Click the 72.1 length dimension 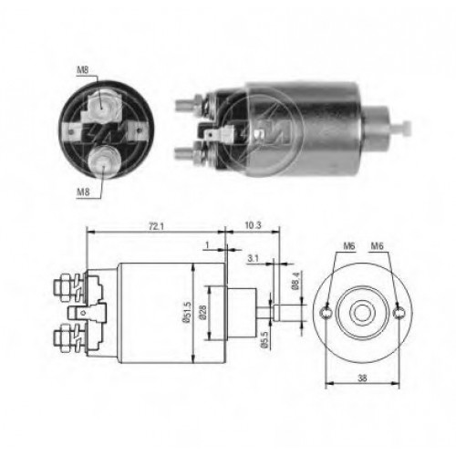[x=156, y=226]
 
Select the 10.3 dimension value [x=253, y=225]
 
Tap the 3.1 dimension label [x=253, y=258]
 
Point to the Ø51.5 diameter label [x=186, y=312]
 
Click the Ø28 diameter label [x=202, y=312]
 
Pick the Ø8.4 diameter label [x=295, y=283]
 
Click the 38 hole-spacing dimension [x=362, y=378]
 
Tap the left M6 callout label [x=349, y=246]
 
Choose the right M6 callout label [x=377, y=246]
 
